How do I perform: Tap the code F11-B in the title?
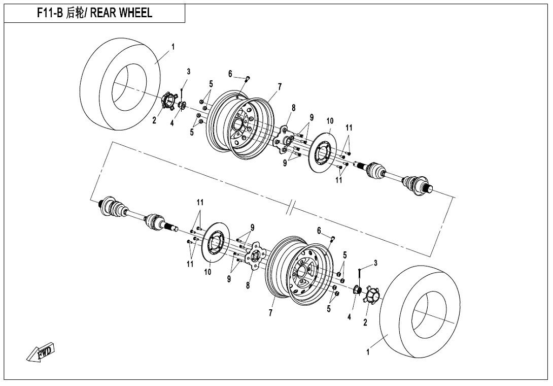50,14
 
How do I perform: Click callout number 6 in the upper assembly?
230,74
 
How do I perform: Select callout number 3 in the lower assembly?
375,263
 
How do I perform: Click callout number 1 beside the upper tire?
173,47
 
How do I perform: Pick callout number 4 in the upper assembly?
172,123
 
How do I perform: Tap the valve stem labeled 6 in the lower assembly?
332,237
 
